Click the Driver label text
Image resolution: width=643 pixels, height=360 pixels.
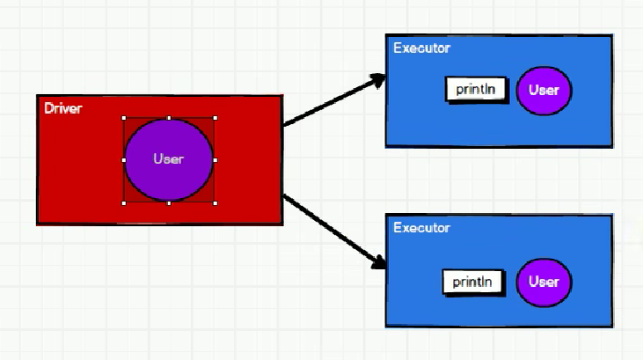pos(62,108)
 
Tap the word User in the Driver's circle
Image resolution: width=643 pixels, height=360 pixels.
pos(168,159)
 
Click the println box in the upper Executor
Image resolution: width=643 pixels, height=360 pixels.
pos(476,90)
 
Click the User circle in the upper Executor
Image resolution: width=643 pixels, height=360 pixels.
pos(544,91)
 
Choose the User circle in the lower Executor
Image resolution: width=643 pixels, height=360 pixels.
pos(544,283)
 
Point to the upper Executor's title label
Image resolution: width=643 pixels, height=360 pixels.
pos(421,47)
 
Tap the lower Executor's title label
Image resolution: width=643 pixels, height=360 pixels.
pos(421,228)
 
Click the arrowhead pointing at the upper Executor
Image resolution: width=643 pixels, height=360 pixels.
pos(378,79)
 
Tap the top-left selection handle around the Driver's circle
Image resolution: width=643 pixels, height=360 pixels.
pos(124,117)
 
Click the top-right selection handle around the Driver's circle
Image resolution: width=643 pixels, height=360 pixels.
pos(215,117)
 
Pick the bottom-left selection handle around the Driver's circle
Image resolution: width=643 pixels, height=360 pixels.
pos(124,202)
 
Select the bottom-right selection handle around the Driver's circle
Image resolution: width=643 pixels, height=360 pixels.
pos(215,202)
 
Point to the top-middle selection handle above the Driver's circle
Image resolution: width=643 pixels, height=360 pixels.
pos(169,117)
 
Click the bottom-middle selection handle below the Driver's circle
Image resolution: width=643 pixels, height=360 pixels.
pos(169,202)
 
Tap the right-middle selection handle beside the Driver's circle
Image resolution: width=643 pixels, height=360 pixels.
pos(215,160)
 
